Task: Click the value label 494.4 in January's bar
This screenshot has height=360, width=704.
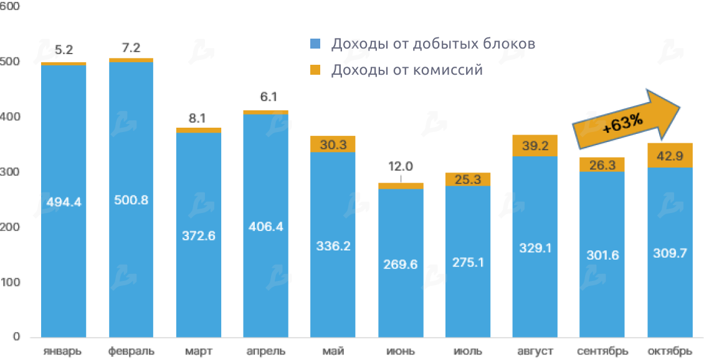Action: [x=64, y=202]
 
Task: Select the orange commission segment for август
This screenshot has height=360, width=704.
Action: [x=535, y=146]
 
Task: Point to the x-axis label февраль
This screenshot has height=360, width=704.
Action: [x=131, y=351]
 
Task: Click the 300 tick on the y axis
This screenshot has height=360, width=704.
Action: [x=11, y=173]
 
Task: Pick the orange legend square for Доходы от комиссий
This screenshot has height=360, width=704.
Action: [x=315, y=70]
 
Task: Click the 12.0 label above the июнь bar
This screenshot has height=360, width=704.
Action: [x=400, y=167]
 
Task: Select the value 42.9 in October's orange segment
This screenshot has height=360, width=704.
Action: [x=670, y=156]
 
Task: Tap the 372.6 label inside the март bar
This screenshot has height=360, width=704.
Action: [x=199, y=237]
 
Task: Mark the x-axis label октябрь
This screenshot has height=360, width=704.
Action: [x=670, y=351]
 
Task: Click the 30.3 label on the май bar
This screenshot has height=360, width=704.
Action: [x=333, y=144]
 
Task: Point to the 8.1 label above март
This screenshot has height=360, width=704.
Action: [x=199, y=118]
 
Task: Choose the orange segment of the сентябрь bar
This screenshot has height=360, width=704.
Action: [x=602, y=164]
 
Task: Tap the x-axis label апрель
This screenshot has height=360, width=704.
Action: [x=265, y=351]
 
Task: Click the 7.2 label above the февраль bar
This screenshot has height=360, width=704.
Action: [x=131, y=47]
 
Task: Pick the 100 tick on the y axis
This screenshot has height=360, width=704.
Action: [x=11, y=283]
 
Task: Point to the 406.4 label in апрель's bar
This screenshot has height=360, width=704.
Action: [x=265, y=226]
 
